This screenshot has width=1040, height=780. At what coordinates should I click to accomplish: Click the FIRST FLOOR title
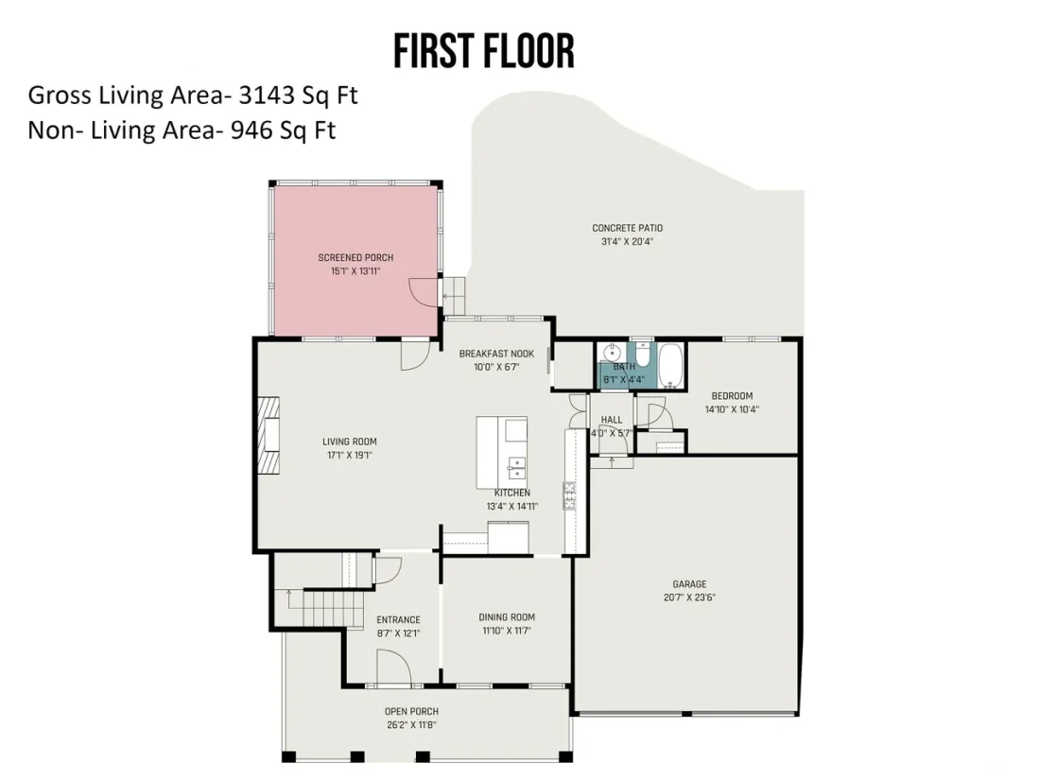coord(483,52)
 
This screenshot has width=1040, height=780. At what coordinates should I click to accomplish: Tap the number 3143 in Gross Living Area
coord(266,95)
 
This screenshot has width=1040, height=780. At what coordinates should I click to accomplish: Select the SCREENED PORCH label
coord(355,257)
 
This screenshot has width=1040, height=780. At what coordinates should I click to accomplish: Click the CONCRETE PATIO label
coord(628,228)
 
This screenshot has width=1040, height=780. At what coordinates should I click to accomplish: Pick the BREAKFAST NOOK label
coord(496,354)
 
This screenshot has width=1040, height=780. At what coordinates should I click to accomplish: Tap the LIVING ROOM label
coord(350,442)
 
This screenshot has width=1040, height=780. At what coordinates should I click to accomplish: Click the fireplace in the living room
coord(268,435)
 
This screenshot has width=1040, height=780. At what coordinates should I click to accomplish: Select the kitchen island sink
coord(515,467)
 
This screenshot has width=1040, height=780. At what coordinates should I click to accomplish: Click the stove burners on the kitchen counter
coord(569,496)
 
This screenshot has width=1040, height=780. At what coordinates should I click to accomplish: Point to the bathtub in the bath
coord(671,365)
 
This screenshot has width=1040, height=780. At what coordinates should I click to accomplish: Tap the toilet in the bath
coord(641,351)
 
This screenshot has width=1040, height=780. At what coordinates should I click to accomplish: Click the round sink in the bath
coord(611,352)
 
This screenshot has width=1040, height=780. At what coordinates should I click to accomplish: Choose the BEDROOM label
coord(732,396)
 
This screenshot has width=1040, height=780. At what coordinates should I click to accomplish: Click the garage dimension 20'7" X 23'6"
coord(690,597)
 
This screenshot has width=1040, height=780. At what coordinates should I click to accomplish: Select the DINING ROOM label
coord(507,616)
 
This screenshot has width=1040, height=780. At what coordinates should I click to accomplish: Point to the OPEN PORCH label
coord(411,712)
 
